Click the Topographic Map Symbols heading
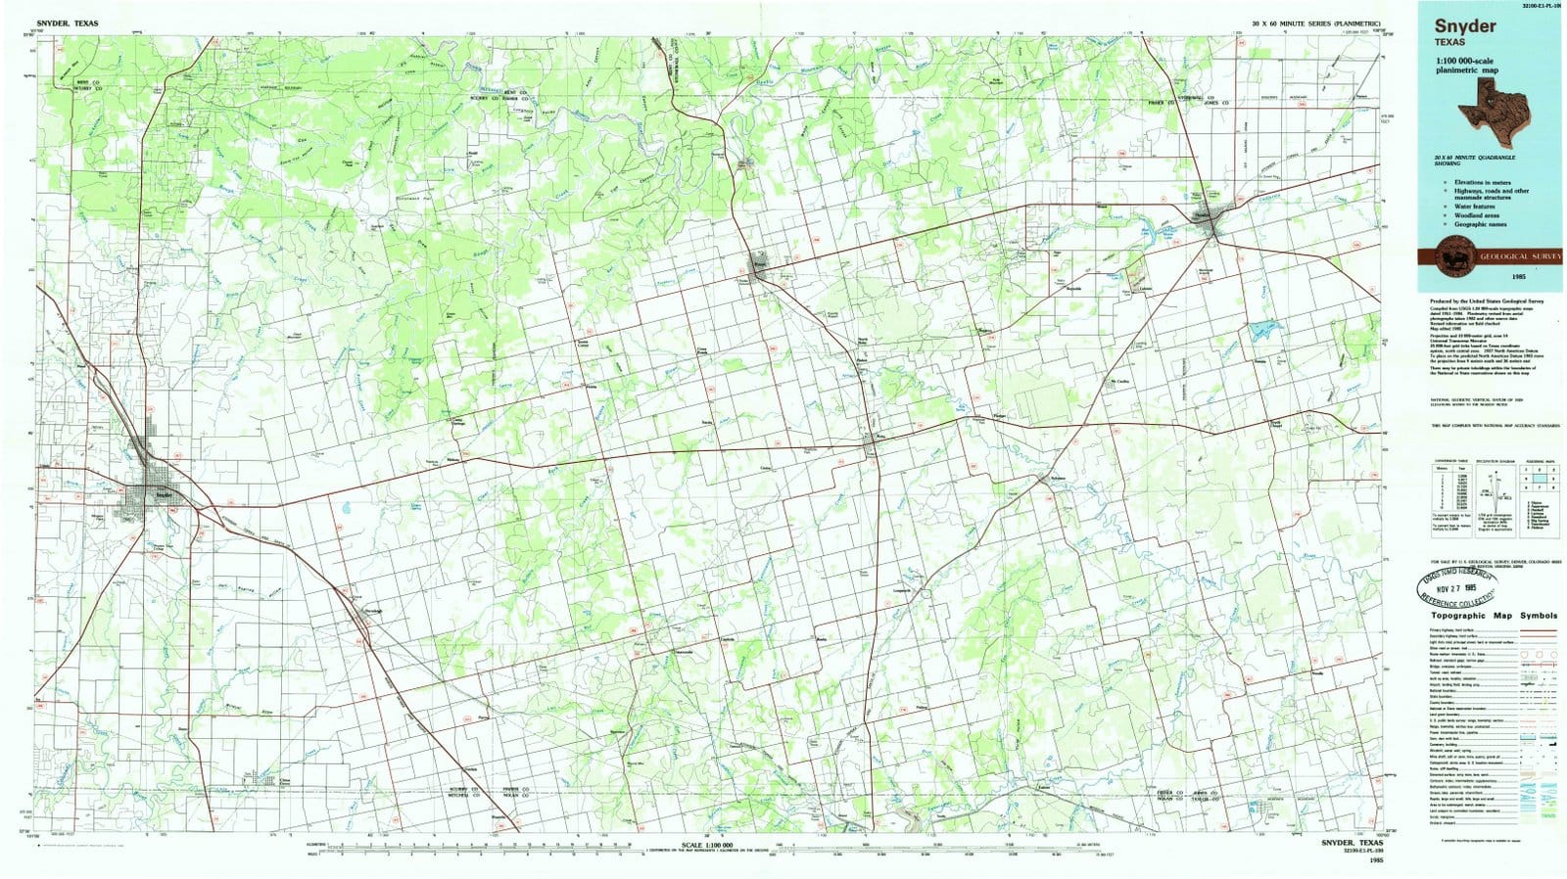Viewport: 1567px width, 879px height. pyautogui.click(x=1494, y=616)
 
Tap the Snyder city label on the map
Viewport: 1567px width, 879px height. pyautogui.click(x=163, y=495)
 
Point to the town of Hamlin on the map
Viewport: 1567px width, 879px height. pyautogui.click(x=1213, y=224)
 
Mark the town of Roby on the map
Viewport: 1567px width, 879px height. pyautogui.click(x=875, y=444)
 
